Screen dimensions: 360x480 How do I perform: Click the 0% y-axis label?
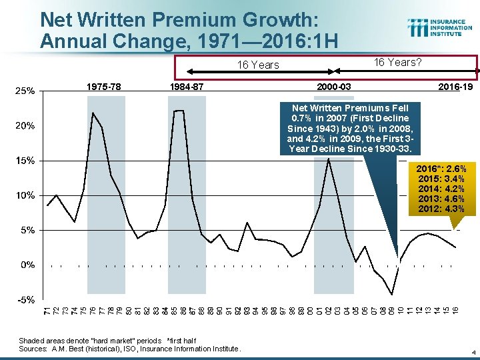(x=27, y=265)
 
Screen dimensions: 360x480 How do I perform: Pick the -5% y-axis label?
(x=26, y=299)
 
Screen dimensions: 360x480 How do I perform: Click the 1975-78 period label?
(x=104, y=87)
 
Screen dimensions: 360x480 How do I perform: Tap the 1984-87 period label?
(x=188, y=87)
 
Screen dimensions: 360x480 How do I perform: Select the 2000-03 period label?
(x=334, y=87)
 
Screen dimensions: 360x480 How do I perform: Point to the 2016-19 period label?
(x=455, y=87)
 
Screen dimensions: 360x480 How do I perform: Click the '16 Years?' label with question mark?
(x=397, y=63)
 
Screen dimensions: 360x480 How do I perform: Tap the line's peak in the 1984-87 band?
(x=178, y=111)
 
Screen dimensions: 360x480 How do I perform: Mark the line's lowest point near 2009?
(x=392, y=294)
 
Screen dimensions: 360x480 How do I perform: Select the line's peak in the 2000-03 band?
(x=329, y=159)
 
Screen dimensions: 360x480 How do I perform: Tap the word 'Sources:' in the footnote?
(x=32, y=348)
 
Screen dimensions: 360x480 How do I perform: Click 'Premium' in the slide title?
(x=188, y=19)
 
